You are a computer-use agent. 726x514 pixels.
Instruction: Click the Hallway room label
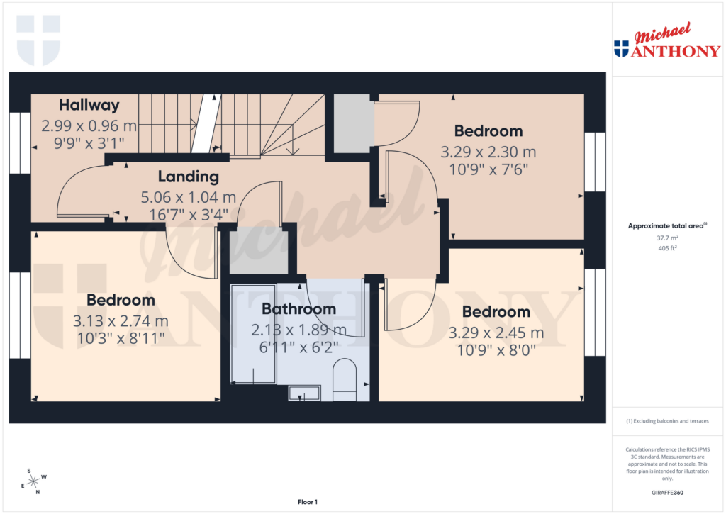click(x=89, y=105)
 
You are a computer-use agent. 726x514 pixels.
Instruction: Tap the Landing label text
click(x=188, y=177)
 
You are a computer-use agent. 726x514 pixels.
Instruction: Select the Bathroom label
click(x=298, y=309)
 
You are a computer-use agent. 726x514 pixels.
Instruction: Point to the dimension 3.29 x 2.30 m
click(x=488, y=152)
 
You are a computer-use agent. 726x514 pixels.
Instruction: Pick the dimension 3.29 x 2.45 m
click(x=496, y=333)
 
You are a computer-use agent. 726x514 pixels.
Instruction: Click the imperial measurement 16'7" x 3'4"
click(x=188, y=213)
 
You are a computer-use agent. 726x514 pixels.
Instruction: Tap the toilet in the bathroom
click(x=345, y=380)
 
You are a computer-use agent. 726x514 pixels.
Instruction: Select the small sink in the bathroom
click(x=305, y=393)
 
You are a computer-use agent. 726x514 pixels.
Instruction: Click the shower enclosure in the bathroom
click(x=254, y=333)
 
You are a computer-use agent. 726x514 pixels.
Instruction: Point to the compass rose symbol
click(x=33, y=481)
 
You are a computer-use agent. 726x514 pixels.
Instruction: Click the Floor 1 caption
click(x=308, y=502)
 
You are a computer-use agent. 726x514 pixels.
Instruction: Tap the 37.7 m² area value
click(x=666, y=239)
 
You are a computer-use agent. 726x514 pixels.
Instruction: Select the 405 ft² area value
click(x=666, y=248)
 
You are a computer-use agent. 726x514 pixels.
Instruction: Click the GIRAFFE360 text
click(x=666, y=493)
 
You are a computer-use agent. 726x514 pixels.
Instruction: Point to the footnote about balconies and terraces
click(x=666, y=421)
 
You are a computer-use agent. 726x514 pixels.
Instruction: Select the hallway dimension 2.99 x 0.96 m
click(x=89, y=126)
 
